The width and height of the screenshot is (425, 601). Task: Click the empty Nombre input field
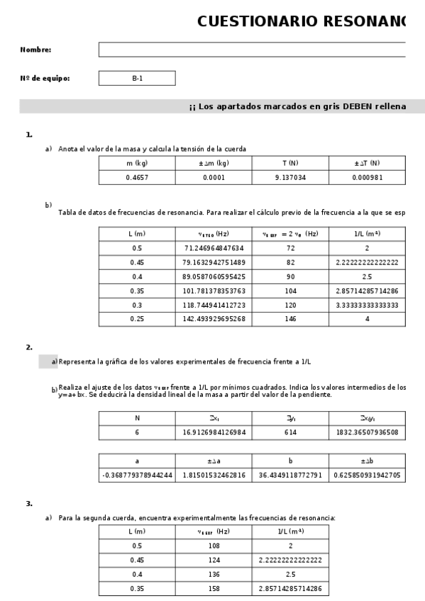tap(252, 50)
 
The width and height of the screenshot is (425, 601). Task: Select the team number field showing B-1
tap(137, 79)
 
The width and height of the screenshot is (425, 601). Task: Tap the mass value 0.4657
tap(137, 177)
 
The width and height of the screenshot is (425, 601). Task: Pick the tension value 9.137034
tap(290, 177)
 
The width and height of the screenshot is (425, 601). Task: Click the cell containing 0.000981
tap(367, 177)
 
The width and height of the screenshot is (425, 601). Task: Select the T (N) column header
tap(290, 163)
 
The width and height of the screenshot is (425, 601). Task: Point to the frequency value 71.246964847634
tap(214, 248)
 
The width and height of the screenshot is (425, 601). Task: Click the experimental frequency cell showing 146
tap(290, 319)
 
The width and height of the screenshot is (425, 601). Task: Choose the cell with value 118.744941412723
tap(214, 305)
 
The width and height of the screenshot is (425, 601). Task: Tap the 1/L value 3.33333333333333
tap(367, 305)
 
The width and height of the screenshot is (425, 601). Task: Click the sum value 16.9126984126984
tap(214, 432)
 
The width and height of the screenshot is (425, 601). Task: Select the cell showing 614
tap(290, 432)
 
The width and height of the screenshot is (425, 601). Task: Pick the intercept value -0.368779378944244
tap(137, 475)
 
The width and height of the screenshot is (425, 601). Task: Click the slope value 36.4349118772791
tap(290, 475)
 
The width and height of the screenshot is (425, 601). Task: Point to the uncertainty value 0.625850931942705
tap(367, 475)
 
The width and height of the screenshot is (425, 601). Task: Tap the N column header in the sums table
tap(137, 418)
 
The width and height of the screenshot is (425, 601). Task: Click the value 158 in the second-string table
tap(214, 588)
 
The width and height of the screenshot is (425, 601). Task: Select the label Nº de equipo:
tap(45, 79)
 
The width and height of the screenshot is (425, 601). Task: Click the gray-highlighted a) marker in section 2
tap(48, 361)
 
